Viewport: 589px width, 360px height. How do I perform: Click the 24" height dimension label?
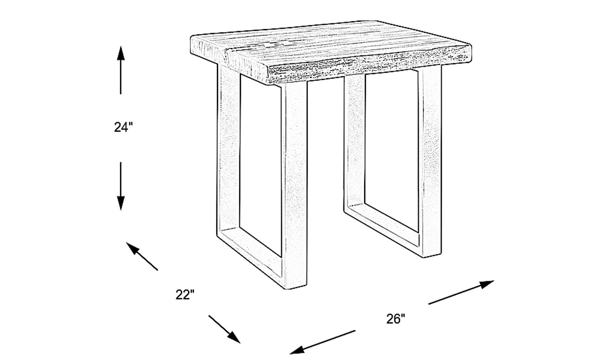124,127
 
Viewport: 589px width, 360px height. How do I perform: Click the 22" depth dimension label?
185,295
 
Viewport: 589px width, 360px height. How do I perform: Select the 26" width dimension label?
396,319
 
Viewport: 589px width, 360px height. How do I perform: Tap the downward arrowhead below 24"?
121,203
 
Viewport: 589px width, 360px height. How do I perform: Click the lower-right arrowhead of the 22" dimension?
234,337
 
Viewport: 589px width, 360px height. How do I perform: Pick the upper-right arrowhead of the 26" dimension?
486,284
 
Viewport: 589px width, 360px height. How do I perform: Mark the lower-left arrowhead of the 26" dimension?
297,350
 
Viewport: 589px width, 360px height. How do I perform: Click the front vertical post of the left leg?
294,184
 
